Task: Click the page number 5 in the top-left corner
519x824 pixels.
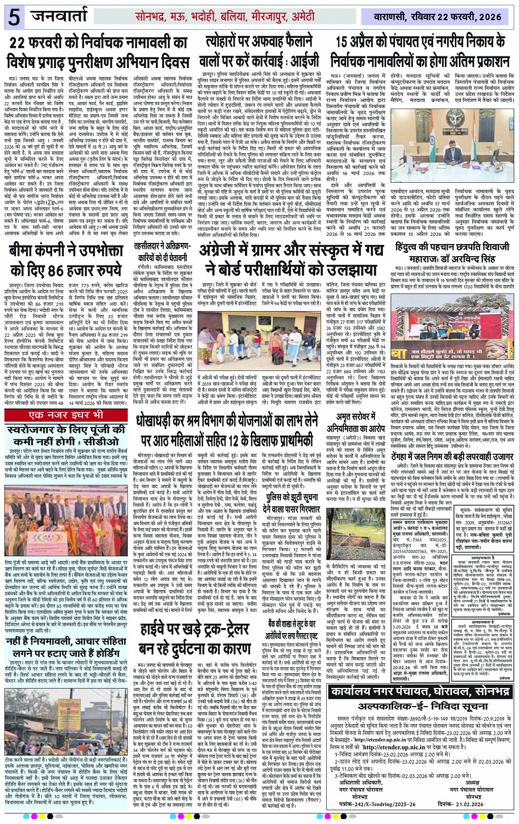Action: (x=13, y=17)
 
